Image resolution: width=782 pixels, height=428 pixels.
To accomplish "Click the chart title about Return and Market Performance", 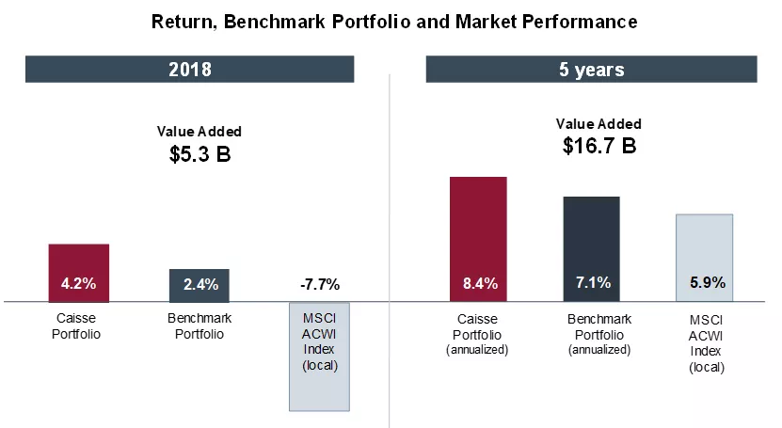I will click(x=394, y=22).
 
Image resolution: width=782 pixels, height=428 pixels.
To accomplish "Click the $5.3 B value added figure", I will click(x=199, y=154).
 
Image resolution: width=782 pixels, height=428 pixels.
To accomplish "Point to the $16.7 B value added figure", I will click(x=598, y=146).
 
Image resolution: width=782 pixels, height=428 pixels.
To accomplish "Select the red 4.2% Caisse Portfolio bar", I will click(x=79, y=273).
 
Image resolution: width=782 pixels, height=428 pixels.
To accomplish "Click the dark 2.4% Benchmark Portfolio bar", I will click(x=199, y=285).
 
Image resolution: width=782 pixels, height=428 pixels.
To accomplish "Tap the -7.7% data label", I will click(x=319, y=284).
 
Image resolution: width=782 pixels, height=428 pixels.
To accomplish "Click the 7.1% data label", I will click(x=592, y=282).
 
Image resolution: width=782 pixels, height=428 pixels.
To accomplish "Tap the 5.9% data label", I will click(x=704, y=282).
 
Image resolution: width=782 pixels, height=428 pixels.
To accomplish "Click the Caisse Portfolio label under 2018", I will click(x=77, y=326).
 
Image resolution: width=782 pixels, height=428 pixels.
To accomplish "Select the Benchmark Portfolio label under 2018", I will click(x=199, y=325).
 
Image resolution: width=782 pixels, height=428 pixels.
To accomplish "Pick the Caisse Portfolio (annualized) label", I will click(x=477, y=334).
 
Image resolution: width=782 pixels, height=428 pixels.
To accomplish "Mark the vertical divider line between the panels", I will click(x=390, y=245).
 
